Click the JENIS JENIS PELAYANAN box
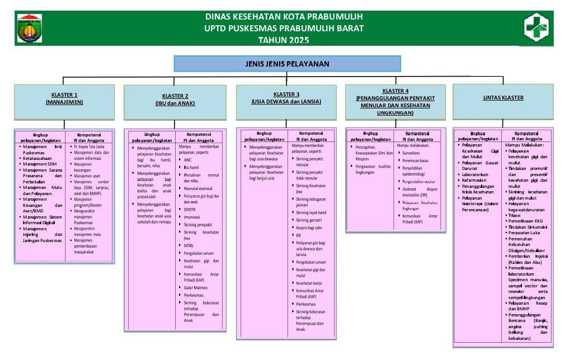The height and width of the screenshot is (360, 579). [287, 64]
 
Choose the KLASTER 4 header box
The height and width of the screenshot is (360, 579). [395, 101]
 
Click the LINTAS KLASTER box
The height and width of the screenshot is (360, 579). [503, 98]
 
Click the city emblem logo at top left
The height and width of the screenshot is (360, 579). [30, 27]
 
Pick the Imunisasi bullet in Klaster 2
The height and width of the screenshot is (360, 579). [192, 217]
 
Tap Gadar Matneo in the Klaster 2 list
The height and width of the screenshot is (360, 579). [195, 287]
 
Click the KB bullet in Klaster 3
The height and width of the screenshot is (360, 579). [299, 235]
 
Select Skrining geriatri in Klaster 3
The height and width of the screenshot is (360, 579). [309, 220]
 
